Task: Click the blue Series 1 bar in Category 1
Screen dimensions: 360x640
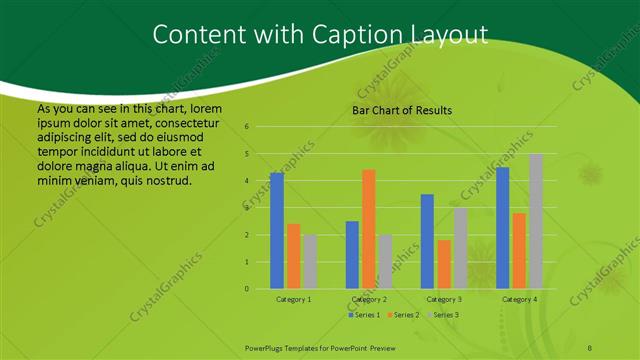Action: click(x=277, y=231)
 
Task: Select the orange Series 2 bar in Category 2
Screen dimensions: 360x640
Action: click(x=369, y=229)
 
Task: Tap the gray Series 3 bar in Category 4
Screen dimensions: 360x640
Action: click(x=536, y=221)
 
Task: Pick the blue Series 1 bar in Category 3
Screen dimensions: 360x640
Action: click(x=427, y=241)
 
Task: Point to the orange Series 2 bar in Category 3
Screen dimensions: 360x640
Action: click(x=444, y=264)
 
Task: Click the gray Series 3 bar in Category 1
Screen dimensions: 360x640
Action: click(x=310, y=262)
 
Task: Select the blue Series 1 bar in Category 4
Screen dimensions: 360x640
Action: click(x=503, y=228)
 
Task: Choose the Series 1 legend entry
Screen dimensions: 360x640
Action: click(x=364, y=315)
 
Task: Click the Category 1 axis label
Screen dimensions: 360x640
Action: click(x=293, y=299)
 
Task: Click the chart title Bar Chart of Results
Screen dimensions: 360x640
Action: click(x=402, y=110)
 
